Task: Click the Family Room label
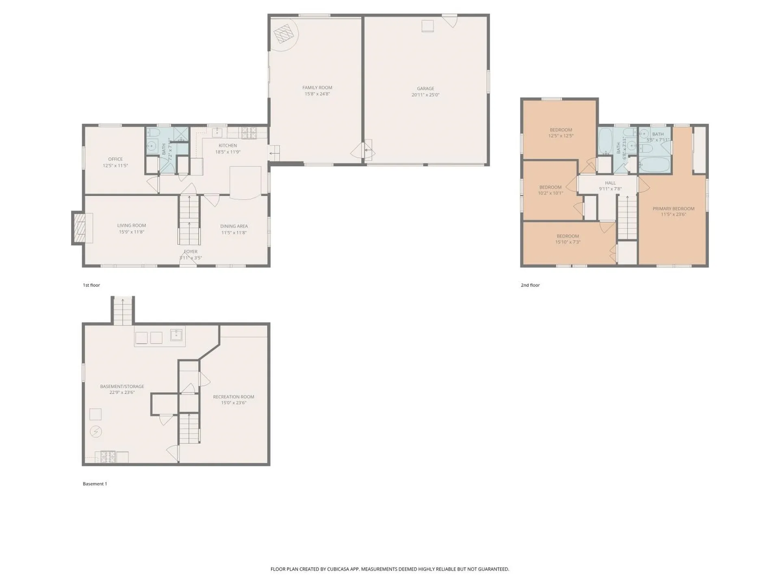tap(317, 87)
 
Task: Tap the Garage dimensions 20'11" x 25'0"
tap(425, 95)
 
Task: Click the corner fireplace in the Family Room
tap(284, 34)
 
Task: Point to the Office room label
tap(115, 159)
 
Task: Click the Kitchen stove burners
tap(249, 133)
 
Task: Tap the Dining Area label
tap(234, 226)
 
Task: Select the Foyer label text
tap(191, 252)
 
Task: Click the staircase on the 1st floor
tap(189, 220)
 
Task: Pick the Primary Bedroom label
tap(673, 209)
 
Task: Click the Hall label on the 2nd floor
tap(610, 183)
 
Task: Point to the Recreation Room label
tap(234, 397)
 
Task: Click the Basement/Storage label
tap(122, 386)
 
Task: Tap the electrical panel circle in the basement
tap(96, 431)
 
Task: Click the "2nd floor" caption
tap(530, 285)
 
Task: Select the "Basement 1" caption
tap(95, 484)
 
